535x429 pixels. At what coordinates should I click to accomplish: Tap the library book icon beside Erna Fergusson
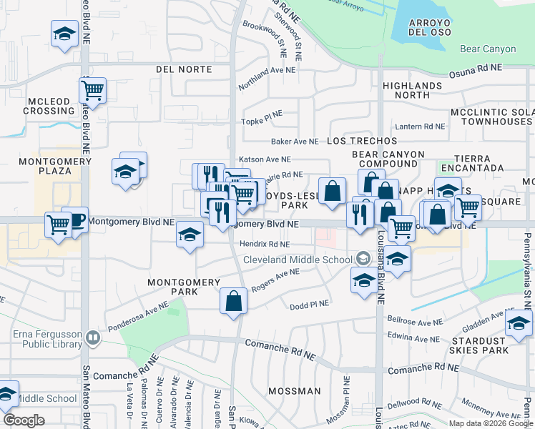pos(92,337)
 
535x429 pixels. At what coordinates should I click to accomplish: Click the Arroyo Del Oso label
pos(428,27)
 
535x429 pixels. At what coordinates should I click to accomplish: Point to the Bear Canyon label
pos(489,49)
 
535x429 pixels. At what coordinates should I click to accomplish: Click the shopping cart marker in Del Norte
pos(92,90)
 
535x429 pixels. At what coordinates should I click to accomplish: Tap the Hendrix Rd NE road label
pos(265,244)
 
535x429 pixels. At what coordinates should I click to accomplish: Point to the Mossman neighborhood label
pos(295,391)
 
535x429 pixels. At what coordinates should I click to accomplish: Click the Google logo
pos(24,420)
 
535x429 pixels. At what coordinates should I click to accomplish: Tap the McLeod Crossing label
pos(49,106)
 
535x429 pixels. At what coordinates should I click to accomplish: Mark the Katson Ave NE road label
pos(265,159)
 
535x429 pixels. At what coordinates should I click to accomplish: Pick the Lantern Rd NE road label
pos(420,126)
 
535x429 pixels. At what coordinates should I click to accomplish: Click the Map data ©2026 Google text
pos(490,423)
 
